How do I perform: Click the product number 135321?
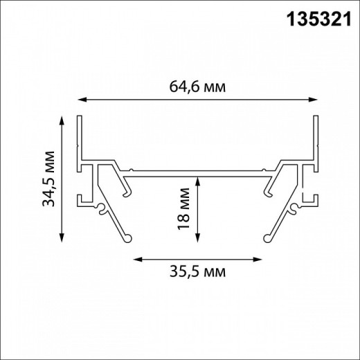point(318,19)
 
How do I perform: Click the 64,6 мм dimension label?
point(197,87)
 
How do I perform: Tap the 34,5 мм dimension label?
point(48,179)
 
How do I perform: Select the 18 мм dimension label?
point(183,209)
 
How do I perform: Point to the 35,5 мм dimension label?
point(198,271)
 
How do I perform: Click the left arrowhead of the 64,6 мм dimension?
point(82,100)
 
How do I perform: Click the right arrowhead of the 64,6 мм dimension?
point(313,100)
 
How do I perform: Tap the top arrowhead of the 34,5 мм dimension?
point(62,120)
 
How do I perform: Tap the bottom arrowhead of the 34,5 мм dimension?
point(62,237)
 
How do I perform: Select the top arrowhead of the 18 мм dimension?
point(197,181)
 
